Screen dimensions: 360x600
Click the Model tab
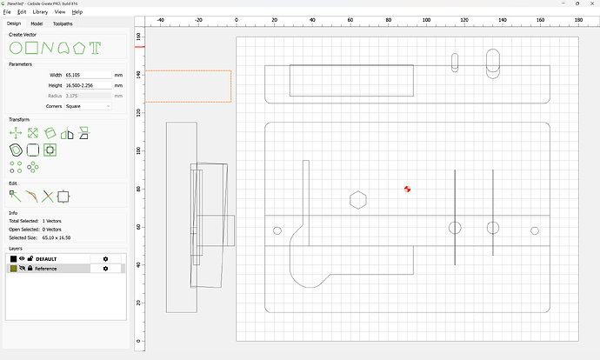point(37,23)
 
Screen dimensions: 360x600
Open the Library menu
point(40,12)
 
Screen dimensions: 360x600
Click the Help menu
point(77,12)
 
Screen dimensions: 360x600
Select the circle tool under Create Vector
point(15,46)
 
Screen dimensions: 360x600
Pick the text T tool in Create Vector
point(95,46)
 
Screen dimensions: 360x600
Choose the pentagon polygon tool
point(79,46)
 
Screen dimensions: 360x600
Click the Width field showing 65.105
point(87,76)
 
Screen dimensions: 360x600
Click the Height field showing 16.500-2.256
point(87,85)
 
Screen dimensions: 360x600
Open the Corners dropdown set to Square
point(87,106)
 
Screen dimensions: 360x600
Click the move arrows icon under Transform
point(15,133)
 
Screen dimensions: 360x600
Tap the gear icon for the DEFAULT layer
point(105,259)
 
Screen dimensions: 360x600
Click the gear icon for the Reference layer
point(105,269)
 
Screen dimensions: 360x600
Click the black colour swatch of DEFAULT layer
point(13,259)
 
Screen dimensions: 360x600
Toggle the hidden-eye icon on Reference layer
point(22,269)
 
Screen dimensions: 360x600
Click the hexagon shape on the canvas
point(357,200)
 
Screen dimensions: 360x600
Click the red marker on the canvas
point(407,189)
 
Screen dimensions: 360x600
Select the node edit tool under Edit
point(15,197)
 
